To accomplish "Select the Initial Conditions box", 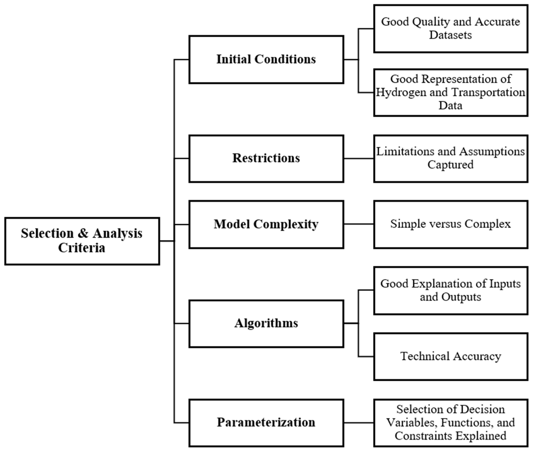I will point(266,59).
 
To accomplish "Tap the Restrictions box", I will point(266,158).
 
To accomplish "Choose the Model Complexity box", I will point(266,224).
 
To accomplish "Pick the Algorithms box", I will point(266,324).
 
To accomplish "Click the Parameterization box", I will point(266,423).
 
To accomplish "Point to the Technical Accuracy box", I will point(451,356).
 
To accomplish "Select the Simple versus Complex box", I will point(451,224).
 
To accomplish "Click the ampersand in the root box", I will point(83,233).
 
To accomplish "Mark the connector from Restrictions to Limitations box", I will point(359,158).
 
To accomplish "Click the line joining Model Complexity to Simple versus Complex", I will point(359,224).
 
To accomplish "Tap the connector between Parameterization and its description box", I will point(359,423).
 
